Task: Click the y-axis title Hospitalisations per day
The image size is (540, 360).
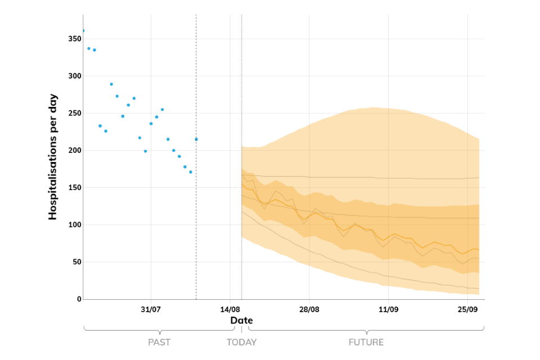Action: pos(53,156)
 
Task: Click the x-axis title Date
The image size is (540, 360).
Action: pos(241,321)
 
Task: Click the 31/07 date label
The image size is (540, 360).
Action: pos(151,309)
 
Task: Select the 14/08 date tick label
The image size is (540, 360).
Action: pos(230,309)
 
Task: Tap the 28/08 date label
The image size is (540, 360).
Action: pos(309,309)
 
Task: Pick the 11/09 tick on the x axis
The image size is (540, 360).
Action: pos(389,309)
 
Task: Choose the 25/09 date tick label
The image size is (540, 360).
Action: pos(468,309)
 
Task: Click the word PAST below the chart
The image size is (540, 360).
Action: pos(159,342)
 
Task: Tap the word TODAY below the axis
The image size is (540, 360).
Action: pos(241,342)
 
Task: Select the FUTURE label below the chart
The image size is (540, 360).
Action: pos(366,342)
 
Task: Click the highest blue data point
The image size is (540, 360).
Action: pos(83,30)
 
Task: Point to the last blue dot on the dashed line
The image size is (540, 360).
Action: pos(196,139)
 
